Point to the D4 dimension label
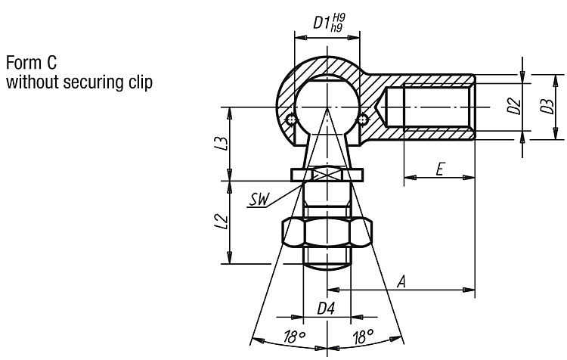click(x=326, y=309)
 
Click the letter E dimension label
click(x=439, y=169)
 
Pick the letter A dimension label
click(x=403, y=281)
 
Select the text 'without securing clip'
click(x=79, y=81)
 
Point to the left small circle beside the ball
click(x=291, y=118)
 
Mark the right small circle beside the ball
click(x=364, y=118)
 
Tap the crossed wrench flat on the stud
click(x=327, y=175)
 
